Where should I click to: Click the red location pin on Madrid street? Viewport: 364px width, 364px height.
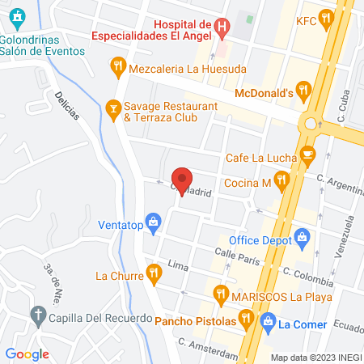pos(182,180)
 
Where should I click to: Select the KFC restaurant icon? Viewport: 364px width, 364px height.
pos(326,17)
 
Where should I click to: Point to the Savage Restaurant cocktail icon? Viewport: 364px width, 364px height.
pos(113,107)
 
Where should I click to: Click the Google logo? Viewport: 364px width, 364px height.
pos(27,353)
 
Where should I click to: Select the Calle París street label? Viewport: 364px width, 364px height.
pos(236,257)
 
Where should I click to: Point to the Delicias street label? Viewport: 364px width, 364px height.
pos(68,105)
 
